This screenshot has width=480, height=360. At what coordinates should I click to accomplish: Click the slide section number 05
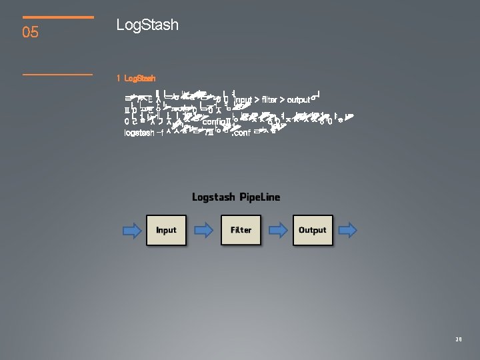click(x=31, y=31)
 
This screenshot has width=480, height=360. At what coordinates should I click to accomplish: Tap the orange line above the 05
click(x=58, y=17)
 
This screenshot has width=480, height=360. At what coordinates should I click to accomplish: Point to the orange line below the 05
click(x=58, y=74)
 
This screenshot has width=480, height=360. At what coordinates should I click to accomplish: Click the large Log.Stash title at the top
click(x=147, y=25)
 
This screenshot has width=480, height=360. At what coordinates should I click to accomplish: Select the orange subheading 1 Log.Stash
click(x=136, y=78)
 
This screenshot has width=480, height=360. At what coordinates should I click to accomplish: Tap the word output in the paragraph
click(x=299, y=99)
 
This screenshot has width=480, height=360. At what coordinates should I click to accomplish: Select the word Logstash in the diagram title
click(x=213, y=197)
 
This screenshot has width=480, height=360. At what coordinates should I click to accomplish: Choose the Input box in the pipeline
click(x=166, y=230)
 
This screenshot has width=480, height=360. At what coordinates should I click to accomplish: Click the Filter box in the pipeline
click(x=241, y=230)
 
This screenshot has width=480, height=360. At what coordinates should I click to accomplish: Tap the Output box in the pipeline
click(x=312, y=230)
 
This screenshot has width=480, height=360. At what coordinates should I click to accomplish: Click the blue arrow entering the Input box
click(x=133, y=231)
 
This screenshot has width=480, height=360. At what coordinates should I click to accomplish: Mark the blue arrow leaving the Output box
click(x=347, y=231)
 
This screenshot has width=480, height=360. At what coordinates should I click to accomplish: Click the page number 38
click(x=458, y=339)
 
